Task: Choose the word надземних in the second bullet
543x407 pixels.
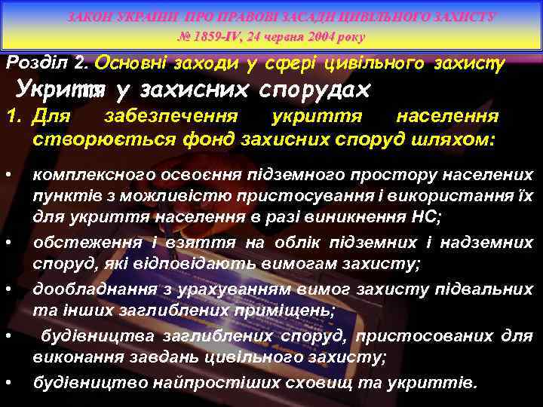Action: point(494,243)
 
